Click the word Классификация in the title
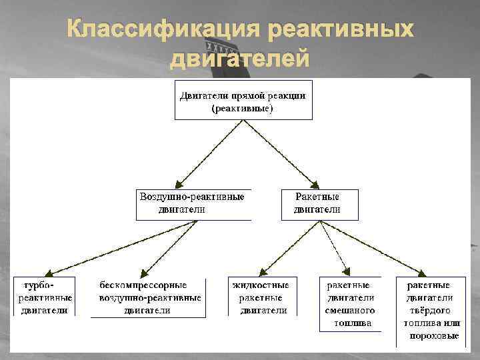pos(163,30)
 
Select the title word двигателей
pos(240,59)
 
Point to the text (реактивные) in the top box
pos(243,107)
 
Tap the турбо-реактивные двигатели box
pos(45,297)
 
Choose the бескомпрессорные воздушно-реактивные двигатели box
pos(147,297)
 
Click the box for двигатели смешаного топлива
pos(350,304)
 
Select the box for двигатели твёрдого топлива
pos(431,310)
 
